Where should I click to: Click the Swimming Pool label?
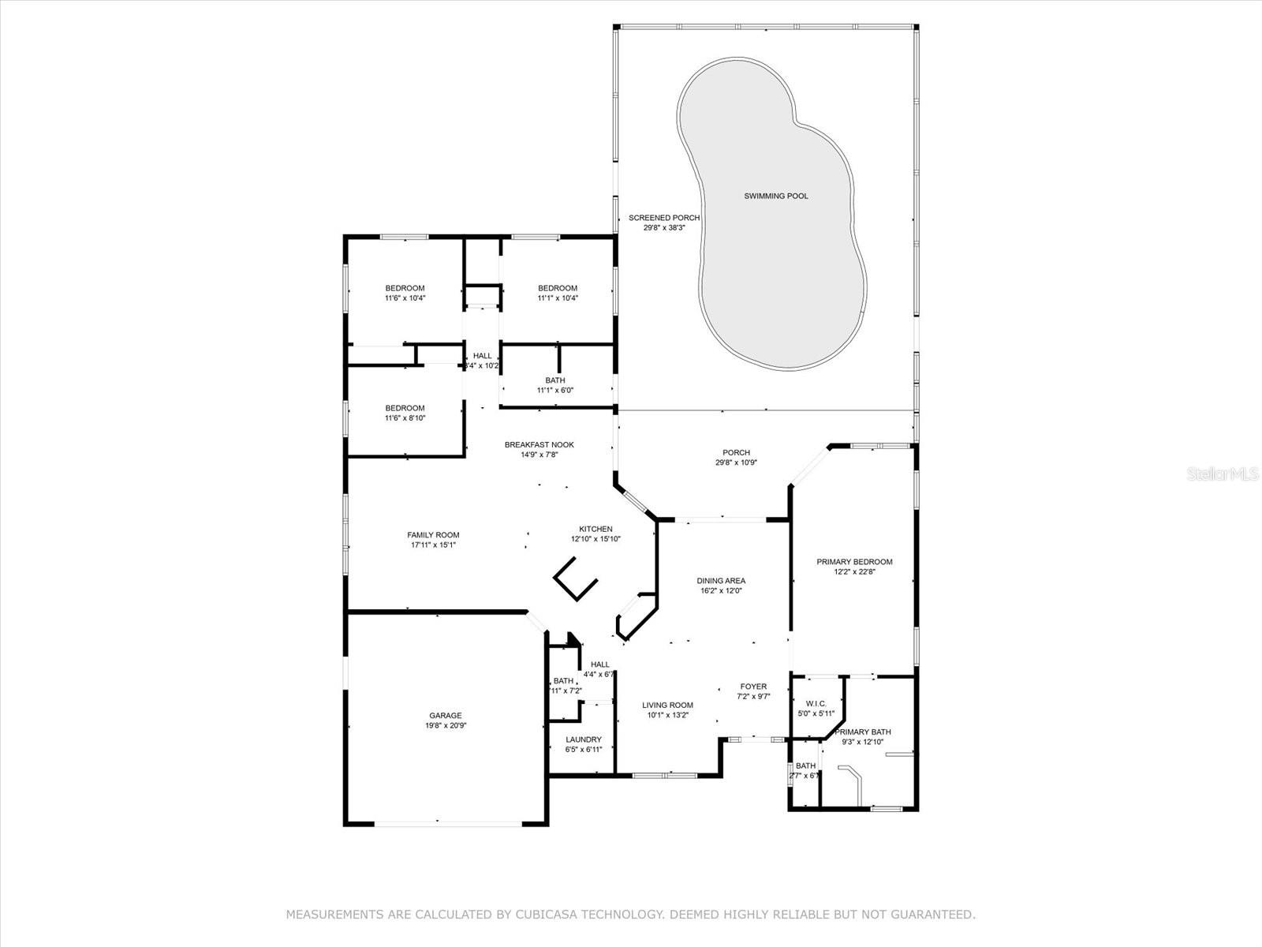pos(776,196)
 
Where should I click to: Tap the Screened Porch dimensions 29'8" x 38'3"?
pos(664,228)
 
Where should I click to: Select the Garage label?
pos(446,716)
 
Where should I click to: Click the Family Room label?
pos(433,535)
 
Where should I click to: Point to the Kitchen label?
pos(596,530)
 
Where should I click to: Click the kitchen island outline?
pos(575,580)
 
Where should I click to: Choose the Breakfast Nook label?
pos(540,445)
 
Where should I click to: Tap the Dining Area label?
pos(721,581)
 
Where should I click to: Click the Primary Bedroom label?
pos(854,562)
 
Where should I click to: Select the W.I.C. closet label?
pos(816,703)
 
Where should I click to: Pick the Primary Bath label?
pos(863,732)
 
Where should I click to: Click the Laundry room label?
pos(583,739)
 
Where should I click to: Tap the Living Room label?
pos(667,706)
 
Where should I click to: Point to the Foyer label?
pos(752,687)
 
